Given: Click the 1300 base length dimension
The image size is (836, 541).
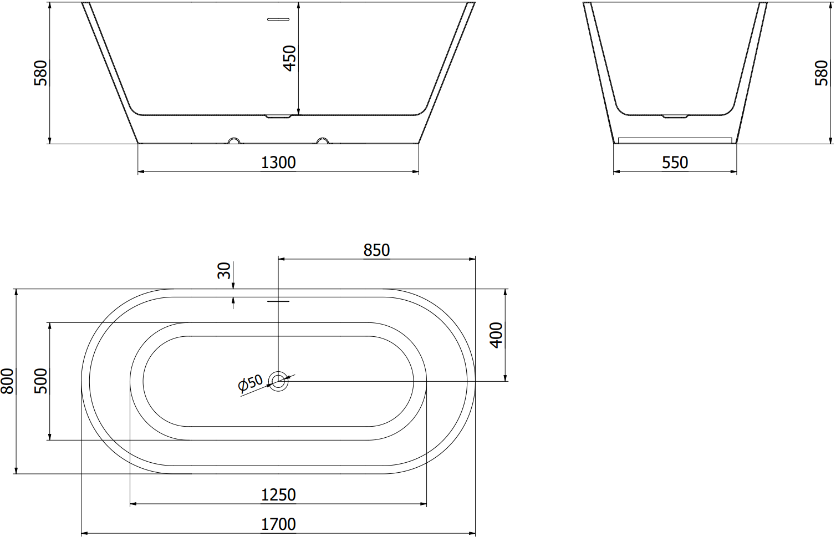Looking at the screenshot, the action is click(278, 163).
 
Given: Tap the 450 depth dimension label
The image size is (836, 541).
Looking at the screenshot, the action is click(289, 58).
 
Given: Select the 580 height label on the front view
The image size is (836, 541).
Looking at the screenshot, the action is click(40, 73).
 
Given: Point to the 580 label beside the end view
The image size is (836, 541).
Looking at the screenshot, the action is click(821, 73).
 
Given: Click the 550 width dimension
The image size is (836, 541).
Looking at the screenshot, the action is click(675, 163).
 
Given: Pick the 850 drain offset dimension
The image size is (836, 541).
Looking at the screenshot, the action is click(376, 250).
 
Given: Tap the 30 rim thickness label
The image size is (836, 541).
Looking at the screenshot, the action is click(224, 271).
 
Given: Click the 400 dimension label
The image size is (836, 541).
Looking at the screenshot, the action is click(496, 335).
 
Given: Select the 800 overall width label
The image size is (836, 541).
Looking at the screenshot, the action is click(7, 381).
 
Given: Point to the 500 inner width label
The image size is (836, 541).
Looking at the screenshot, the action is click(40, 381).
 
